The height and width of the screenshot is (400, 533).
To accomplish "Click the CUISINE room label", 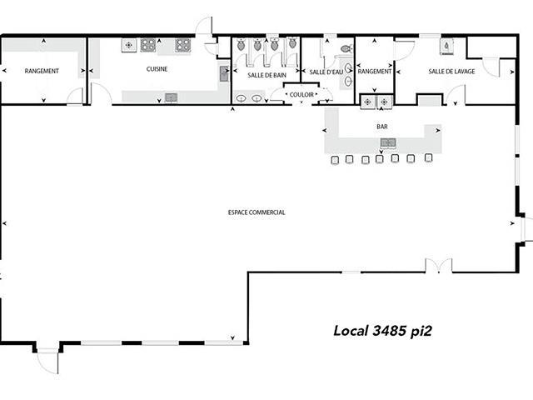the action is tap(157, 69).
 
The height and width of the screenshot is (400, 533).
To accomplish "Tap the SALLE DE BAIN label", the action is tap(266, 75).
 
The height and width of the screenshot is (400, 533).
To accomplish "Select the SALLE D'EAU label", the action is tap(326, 72).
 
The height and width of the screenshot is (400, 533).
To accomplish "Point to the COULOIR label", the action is tap(301, 94).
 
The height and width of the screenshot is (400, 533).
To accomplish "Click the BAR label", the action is tap(382, 127).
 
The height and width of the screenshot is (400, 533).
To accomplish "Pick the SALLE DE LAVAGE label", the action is tap(451, 72).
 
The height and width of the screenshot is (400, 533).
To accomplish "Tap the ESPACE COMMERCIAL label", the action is tap(257, 212).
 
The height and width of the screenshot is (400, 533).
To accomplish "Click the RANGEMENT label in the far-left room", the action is tap(42, 71).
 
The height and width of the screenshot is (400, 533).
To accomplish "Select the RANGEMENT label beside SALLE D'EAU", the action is tap(374, 72).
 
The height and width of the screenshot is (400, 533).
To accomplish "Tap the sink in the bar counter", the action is tap(388, 142).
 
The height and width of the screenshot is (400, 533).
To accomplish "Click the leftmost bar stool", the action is tap(335, 160).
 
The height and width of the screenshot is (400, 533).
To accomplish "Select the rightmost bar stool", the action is tap(429, 157).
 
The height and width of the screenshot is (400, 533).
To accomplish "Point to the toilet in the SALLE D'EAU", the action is tap(346, 49).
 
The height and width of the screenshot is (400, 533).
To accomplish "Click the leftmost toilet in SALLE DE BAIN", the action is tap(241, 44).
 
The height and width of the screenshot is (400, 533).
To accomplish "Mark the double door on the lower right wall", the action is tap(439, 266).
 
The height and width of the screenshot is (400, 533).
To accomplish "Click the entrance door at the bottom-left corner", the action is tap(47, 361).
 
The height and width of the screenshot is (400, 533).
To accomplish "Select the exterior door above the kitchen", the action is tap(204, 26).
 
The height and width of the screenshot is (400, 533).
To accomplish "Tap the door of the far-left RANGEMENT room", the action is tap(75, 96).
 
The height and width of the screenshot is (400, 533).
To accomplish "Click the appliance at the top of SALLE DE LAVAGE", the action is tap(446, 46).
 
